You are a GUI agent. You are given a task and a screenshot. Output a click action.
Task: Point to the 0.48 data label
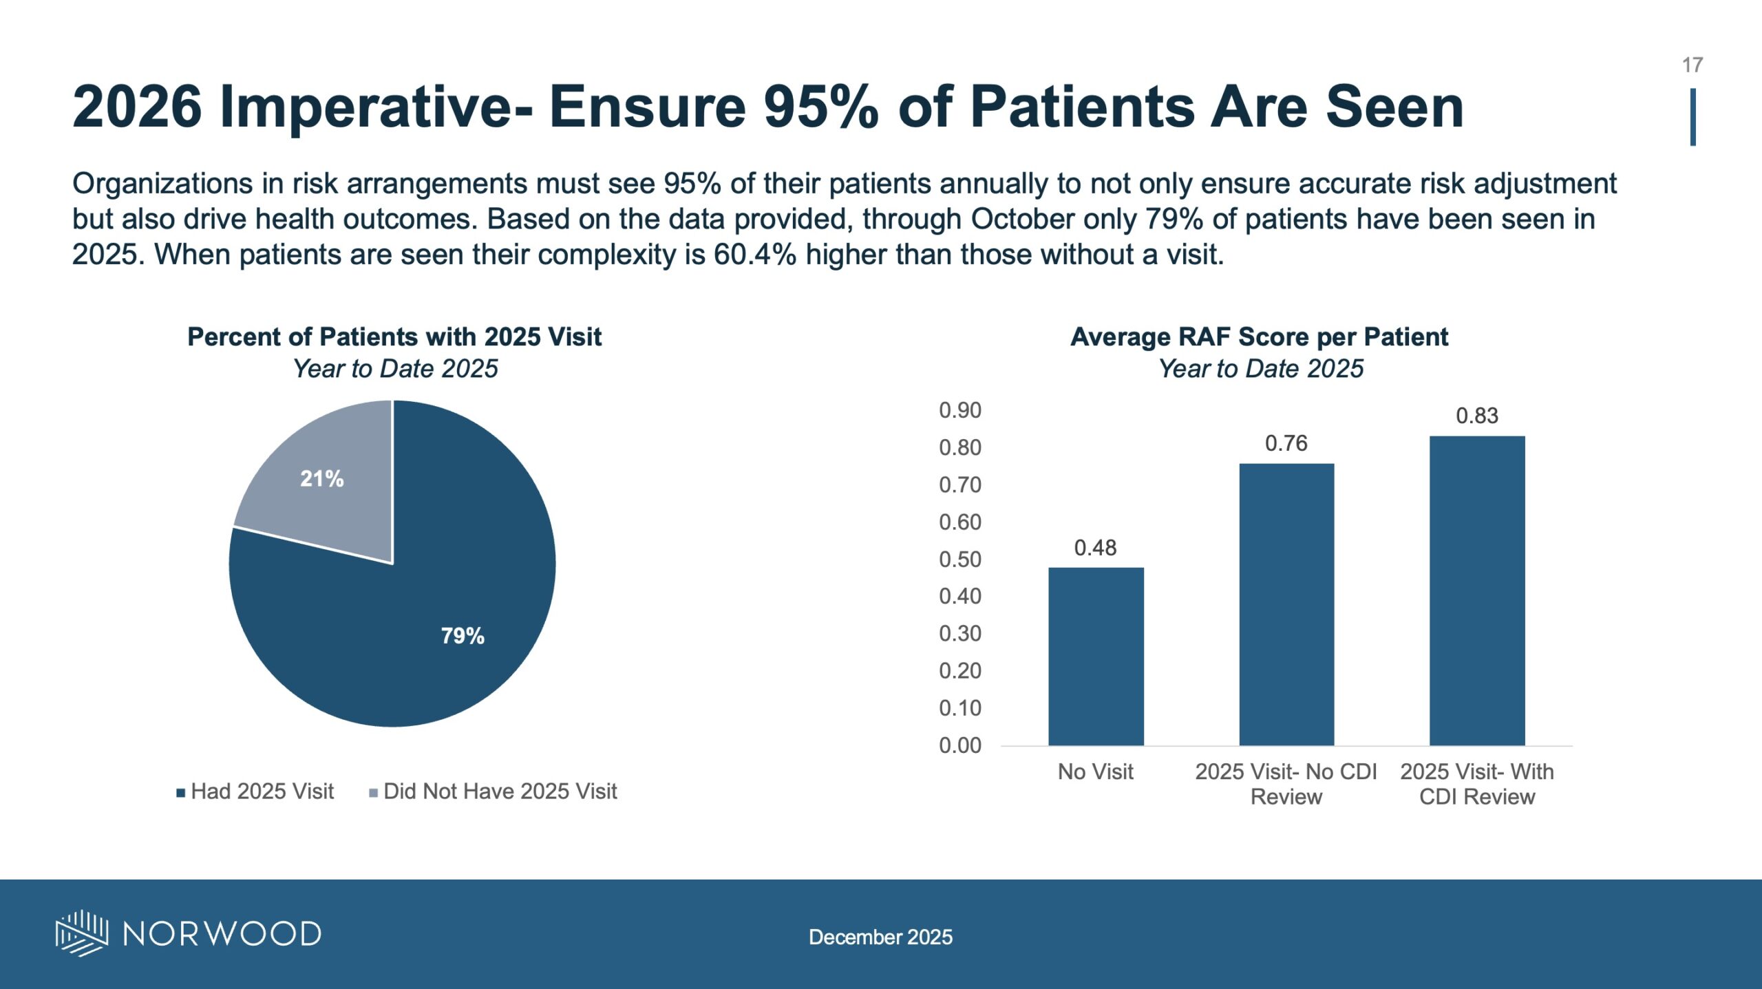point(1095,548)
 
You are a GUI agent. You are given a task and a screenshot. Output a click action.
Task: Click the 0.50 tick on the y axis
point(960,560)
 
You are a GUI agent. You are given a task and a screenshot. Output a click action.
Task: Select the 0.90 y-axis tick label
point(960,410)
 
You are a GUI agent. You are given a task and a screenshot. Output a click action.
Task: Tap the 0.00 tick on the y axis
point(960,745)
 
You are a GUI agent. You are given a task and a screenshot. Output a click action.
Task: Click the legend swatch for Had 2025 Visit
point(181,793)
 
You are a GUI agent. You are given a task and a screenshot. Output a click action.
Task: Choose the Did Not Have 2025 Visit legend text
point(500,791)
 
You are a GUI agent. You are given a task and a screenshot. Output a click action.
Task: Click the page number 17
point(1692,65)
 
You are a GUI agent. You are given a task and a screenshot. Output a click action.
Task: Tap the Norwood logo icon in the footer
point(82,933)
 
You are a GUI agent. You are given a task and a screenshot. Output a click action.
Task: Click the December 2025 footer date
point(880,937)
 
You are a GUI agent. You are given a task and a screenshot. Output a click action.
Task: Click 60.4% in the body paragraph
point(755,255)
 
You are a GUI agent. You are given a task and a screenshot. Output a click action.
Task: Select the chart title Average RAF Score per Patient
point(1259,337)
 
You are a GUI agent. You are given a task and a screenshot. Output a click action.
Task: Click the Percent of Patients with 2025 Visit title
point(394,337)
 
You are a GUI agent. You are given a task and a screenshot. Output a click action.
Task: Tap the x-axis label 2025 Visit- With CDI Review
point(1477,784)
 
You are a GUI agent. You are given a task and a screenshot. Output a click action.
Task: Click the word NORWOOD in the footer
point(222,934)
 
